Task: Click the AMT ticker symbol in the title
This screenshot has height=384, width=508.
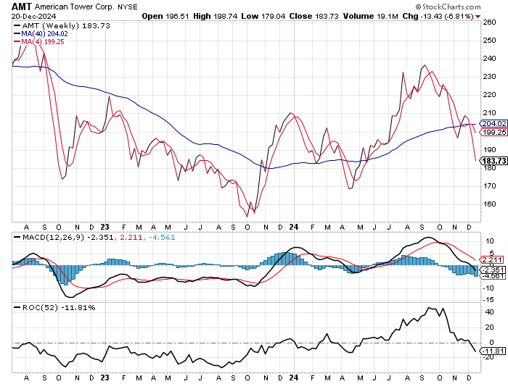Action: [x=22, y=6]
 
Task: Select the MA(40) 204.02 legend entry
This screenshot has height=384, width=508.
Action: [x=44, y=33]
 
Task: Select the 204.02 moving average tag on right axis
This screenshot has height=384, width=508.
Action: [x=493, y=123]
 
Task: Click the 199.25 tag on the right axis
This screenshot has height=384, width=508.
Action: [x=493, y=133]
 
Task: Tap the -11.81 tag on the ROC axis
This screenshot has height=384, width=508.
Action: [x=493, y=351]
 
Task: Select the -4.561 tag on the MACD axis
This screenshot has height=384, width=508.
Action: [x=493, y=275]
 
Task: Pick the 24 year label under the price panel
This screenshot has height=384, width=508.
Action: [x=293, y=225]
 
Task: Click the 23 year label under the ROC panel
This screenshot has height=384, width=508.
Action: [x=105, y=377]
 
